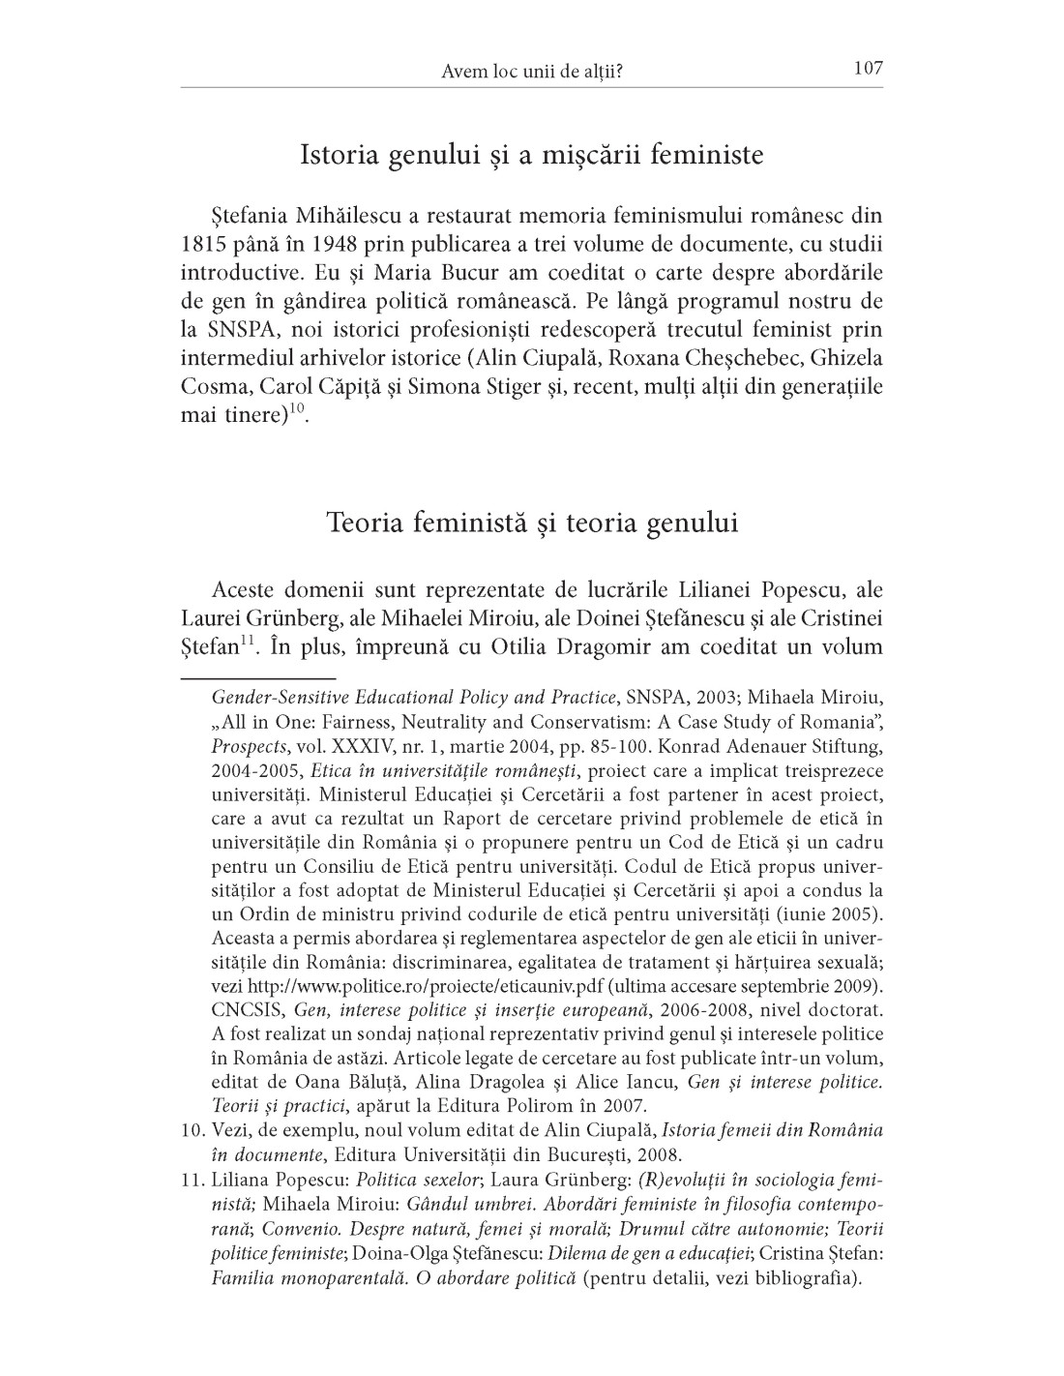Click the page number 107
click(x=868, y=69)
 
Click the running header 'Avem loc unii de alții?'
click(x=531, y=71)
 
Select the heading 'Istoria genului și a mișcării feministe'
click(x=531, y=155)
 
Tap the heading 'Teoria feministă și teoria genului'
click(x=532, y=523)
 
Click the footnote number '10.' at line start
click(x=192, y=1130)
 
